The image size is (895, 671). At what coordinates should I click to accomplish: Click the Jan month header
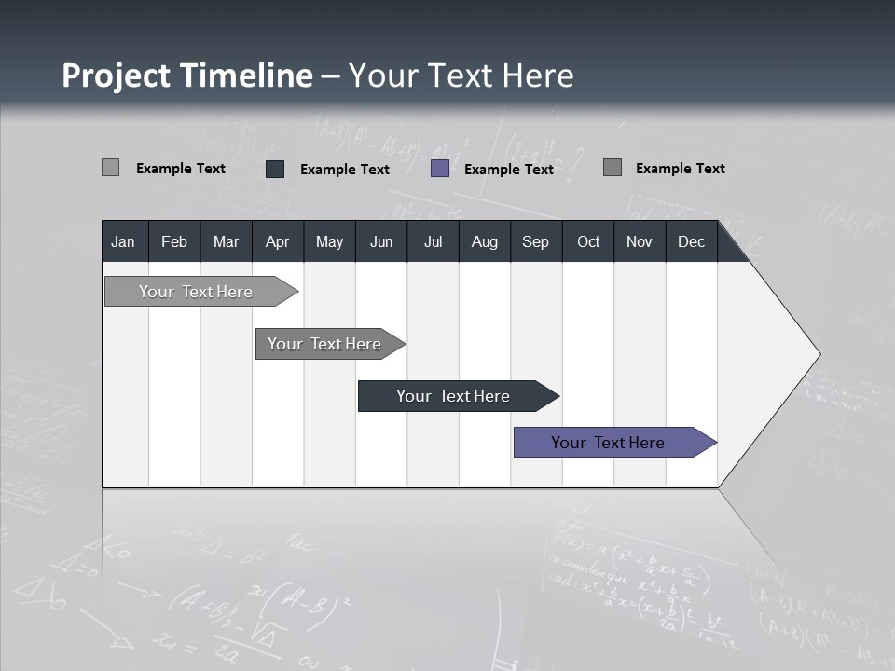click(x=124, y=241)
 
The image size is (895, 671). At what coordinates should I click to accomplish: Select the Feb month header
click(x=174, y=241)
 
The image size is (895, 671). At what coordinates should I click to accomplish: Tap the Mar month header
click(x=226, y=241)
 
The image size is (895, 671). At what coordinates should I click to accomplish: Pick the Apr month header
click(x=278, y=241)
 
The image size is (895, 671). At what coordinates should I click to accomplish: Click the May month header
click(x=329, y=241)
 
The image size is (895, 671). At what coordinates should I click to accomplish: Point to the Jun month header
click(x=381, y=241)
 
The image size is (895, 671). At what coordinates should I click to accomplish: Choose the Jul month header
click(x=433, y=241)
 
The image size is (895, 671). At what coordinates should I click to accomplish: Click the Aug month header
click(x=485, y=241)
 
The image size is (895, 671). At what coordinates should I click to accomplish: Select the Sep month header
click(x=536, y=241)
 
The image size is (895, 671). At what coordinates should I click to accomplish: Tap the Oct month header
click(x=588, y=241)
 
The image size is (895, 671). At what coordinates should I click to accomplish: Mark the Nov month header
click(x=640, y=241)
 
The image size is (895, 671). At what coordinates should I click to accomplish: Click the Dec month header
click(x=692, y=241)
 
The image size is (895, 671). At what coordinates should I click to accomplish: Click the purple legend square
click(x=440, y=169)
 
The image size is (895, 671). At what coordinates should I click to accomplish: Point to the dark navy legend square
click(x=275, y=169)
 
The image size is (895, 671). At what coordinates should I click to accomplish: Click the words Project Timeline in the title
click(x=186, y=75)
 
